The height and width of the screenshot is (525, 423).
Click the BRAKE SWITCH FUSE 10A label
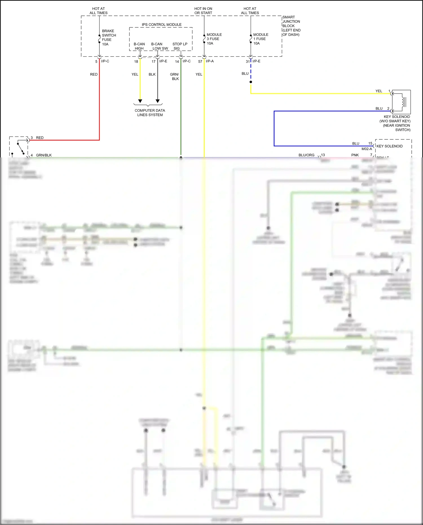109,38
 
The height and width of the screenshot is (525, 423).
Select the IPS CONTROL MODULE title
162,25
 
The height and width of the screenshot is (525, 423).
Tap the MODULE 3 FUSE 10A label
214,39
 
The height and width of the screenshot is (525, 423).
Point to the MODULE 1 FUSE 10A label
261,39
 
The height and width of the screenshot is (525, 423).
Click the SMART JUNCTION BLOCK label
291,26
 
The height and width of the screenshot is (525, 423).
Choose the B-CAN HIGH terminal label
139,46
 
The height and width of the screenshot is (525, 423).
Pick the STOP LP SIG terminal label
180,46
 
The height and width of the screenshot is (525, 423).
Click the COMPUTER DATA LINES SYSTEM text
150,113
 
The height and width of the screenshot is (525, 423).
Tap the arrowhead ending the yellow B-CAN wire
140,101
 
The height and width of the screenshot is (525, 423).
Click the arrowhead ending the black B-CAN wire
158,101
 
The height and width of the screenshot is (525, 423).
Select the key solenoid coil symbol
402,102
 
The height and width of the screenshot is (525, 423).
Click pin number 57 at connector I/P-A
200,61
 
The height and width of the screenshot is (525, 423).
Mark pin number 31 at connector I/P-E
247,61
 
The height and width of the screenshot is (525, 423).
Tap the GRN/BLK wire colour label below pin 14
175,76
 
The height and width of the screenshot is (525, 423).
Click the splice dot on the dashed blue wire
251,82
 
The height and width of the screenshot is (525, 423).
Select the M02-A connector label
367,149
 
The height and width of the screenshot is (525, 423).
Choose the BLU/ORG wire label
306,155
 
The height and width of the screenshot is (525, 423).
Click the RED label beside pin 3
40,138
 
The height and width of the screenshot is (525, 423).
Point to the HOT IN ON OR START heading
203,11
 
